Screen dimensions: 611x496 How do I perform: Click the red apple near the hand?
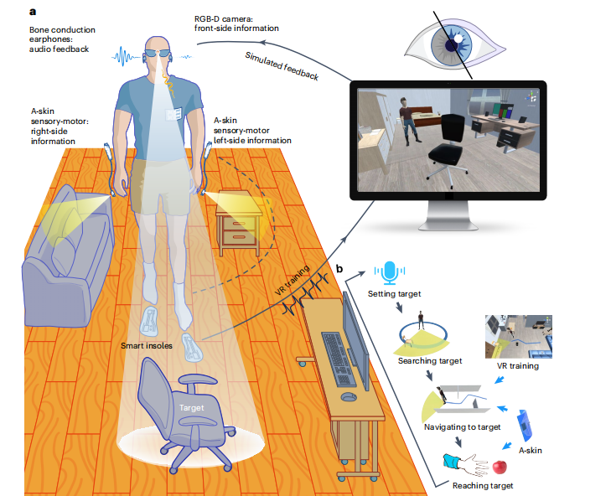click(x=500, y=467)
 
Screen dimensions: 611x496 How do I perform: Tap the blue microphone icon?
click(x=389, y=272)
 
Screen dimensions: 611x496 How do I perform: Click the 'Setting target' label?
click(x=395, y=294)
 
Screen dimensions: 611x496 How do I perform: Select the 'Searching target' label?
click(x=430, y=361)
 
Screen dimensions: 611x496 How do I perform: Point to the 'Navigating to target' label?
click(x=462, y=427)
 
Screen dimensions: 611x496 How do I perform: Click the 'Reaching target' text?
click(x=483, y=485)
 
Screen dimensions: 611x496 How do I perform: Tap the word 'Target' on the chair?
click(x=191, y=407)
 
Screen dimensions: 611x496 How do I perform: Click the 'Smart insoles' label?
click(x=147, y=345)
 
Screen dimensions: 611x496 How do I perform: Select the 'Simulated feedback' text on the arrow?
click(x=282, y=66)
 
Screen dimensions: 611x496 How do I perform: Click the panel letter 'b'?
click(x=339, y=268)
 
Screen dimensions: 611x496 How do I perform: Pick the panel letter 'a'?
click(x=33, y=12)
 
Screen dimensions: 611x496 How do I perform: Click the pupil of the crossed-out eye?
click(x=452, y=45)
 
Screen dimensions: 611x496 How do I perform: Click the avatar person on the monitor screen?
click(x=407, y=121)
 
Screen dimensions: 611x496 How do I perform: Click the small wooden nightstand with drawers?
click(x=239, y=223)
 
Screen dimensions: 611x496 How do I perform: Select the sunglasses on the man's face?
click(x=158, y=54)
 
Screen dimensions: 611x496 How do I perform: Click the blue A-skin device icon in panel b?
click(x=525, y=426)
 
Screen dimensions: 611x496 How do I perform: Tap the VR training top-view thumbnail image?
click(x=519, y=337)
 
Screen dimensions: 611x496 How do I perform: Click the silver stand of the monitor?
click(x=448, y=216)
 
